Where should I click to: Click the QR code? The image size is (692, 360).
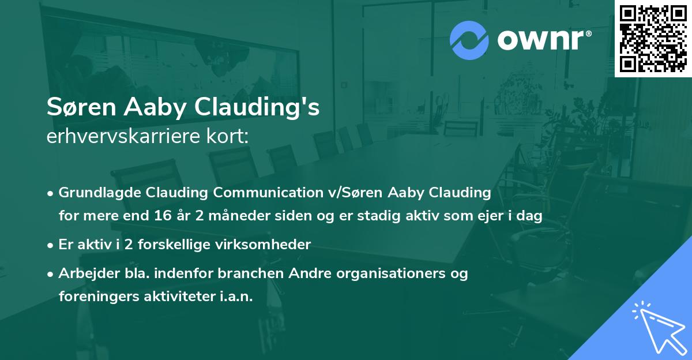tap(653, 38)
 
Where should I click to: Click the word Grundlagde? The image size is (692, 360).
tap(96, 192)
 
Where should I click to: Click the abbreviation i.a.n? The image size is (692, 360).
tap(235, 297)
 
